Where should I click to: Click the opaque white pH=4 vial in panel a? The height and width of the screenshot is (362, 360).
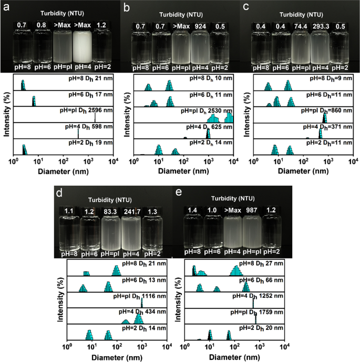pos(81,50)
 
